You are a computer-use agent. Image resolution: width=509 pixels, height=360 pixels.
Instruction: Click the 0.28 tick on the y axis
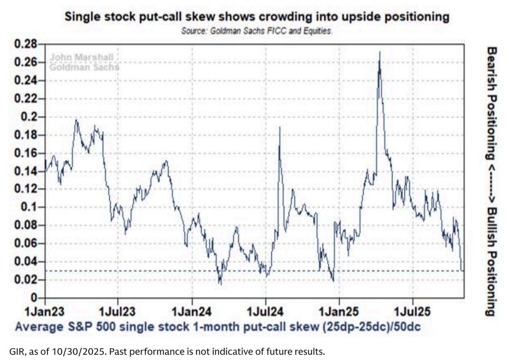25,44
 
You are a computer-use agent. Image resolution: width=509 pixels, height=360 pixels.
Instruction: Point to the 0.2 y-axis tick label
28,117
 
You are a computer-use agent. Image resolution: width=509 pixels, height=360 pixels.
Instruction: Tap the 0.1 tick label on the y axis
28,207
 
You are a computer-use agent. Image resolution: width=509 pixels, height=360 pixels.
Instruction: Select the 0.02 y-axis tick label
25,279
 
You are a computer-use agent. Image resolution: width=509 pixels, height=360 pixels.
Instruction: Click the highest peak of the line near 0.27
380,52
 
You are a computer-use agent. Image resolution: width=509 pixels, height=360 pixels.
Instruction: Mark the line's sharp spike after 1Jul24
279,127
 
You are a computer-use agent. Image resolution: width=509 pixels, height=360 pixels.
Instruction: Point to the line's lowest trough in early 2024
220,284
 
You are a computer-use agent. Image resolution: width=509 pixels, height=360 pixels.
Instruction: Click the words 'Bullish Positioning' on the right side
492,261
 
